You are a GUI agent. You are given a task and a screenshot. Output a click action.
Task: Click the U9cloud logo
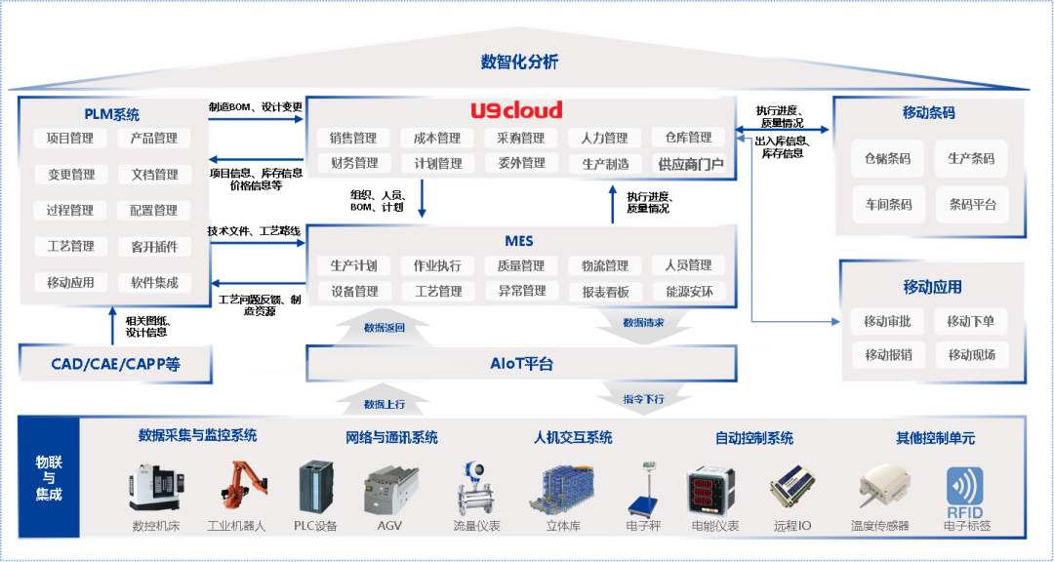pyautogui.click(x=516, y=111)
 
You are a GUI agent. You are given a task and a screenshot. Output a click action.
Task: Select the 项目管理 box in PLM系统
pyautogui.click(x=70, y=139)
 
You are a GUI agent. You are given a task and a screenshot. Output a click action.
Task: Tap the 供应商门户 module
pyautogui.click(x=690, y=164)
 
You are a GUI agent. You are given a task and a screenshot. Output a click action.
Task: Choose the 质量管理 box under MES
pyautogui.click(x=520, y=265)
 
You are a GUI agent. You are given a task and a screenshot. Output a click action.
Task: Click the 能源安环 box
pyautogui.click(x=689, y=291)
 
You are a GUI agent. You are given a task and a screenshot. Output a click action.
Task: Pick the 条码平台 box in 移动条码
pyautogui.click(x=972, y=205)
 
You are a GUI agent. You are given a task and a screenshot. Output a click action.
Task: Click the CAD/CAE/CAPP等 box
pyautogui.click(x=116, y=365)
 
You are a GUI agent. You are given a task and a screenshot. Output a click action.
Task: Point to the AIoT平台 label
pyautogui.click(x=521, y=364)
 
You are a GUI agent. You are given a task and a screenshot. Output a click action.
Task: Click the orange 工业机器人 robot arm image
pyautogui.click(x=238, y=488)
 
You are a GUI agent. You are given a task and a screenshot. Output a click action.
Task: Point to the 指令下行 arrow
pyautogui.click(x=643, y=399)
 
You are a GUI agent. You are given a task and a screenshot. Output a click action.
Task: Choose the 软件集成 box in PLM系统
pyautogui.click(x=154, y=283)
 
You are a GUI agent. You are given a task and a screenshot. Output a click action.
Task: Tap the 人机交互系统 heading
pyautogui.click(x=573, y=438)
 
